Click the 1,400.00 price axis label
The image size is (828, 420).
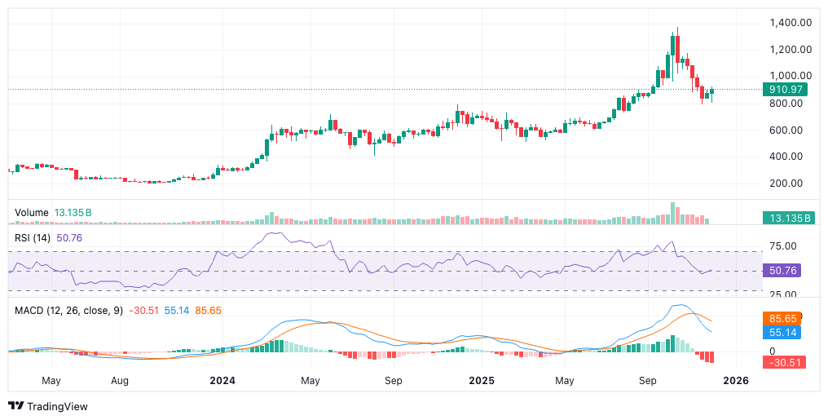click(x=790, y=23)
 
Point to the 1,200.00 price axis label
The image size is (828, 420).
click(x=790, y=50)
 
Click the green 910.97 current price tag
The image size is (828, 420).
click(x=786, y=89)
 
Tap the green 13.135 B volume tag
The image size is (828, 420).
click(x=786, y=218)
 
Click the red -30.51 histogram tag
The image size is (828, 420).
click(x=785, y=362)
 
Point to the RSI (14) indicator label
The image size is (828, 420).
click(x=33, y=237)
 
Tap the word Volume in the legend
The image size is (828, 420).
click(x=32, y=213)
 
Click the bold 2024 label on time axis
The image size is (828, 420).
click(x=222, y=381)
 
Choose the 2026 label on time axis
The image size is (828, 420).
click(x=736, y=381)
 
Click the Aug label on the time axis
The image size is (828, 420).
click(x=120, y=381)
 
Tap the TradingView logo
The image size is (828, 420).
click(x=48, y=406)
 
